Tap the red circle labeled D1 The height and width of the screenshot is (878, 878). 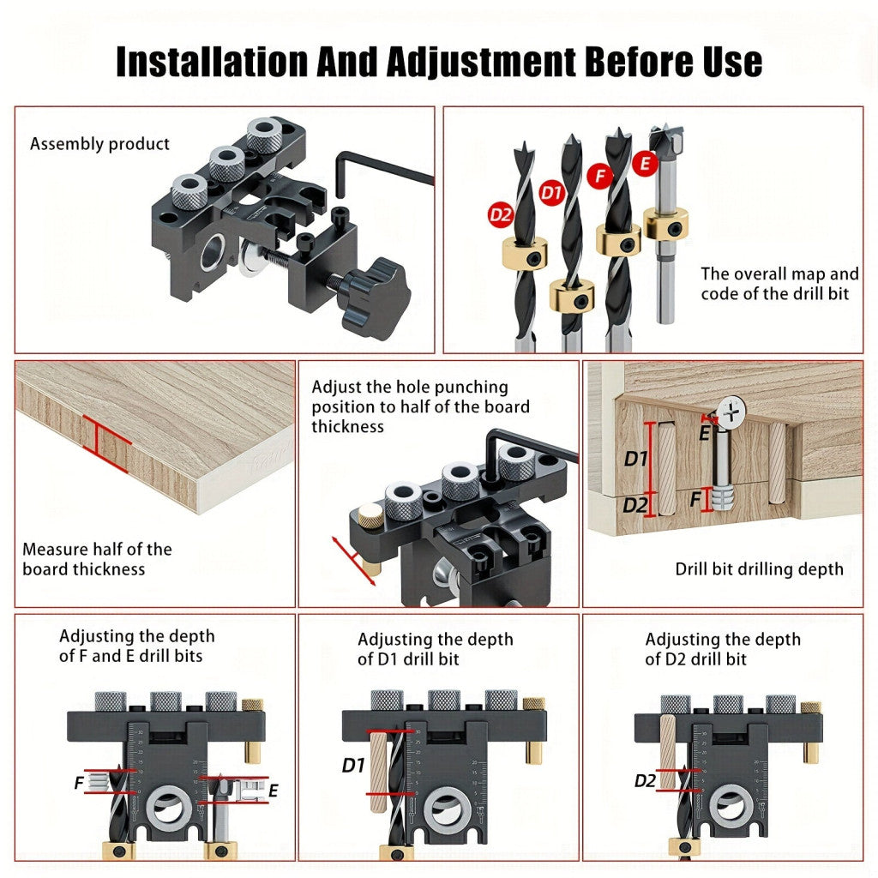551,193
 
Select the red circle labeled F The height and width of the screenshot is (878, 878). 599,177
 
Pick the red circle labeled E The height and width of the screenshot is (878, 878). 645,164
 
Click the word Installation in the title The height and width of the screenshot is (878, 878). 213,62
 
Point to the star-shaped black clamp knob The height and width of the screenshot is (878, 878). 375,297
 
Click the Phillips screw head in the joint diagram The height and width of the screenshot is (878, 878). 731,412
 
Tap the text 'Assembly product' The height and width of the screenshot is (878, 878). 99,144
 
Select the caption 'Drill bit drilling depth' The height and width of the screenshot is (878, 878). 760,569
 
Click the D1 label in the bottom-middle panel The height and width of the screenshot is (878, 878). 353,765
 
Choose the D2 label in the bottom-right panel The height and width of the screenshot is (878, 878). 645,780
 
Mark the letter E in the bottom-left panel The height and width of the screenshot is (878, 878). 274,791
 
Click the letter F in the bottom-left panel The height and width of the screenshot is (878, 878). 79,782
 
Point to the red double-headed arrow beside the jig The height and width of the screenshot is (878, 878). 353,561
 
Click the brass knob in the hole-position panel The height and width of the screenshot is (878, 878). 370,514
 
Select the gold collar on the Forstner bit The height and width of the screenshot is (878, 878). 665,223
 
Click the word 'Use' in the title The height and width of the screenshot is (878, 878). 732,62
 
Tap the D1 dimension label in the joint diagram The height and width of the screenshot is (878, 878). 636,460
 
